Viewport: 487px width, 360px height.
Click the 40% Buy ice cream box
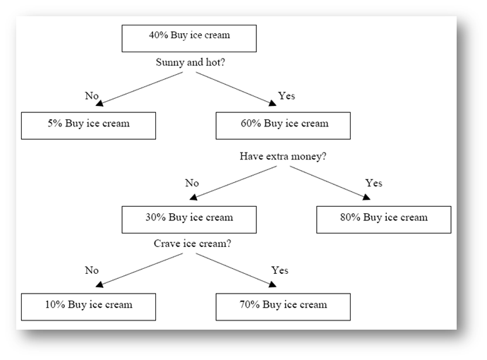(x=189, y=39)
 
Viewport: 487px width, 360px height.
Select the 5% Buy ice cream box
(x=88, y=126)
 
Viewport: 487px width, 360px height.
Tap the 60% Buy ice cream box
(x=283, y=126)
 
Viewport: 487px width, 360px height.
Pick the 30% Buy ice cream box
(x=189, y=220)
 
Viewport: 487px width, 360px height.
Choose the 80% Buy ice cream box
(x=384, y=220)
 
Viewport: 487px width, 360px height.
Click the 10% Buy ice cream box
(x=88, y=307)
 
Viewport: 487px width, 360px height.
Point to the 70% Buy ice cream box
(x=283, y=307)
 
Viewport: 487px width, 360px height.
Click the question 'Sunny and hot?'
(x=191, y=62)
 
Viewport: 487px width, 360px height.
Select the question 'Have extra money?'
(x=283, y=156)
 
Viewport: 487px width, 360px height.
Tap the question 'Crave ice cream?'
(x=193, y=244)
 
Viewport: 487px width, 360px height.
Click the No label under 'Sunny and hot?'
(x=92, y=96)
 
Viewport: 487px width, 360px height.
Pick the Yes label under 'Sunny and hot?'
(x=287, y=96)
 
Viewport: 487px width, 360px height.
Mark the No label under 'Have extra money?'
(x=192, y=183)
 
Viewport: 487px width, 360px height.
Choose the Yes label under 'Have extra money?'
(x=373, y=183)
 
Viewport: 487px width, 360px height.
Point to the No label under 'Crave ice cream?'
(x=92, y=270)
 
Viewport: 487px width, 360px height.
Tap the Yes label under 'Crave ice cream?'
(x=279, y=270)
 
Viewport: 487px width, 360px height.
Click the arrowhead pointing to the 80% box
(x=366, y=197)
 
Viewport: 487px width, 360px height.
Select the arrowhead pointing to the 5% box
(x=100, y=104)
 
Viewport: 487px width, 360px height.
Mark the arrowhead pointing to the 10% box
(x=100, y=284)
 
